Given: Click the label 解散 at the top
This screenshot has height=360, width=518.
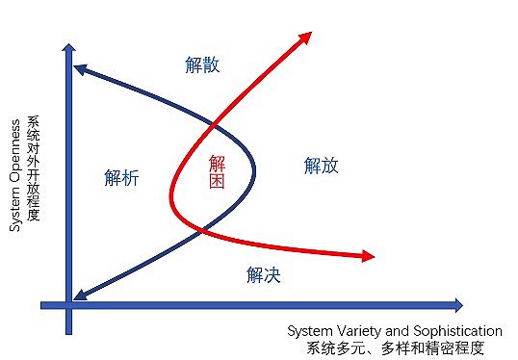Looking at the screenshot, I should coord(202,65).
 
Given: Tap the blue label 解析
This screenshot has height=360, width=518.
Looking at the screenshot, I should coord(121,177).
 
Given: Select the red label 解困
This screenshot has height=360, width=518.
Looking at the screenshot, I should coord(218,170).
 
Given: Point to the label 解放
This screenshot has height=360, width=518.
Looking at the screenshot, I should coord(322,166).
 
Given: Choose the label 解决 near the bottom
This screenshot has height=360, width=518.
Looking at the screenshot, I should coord(263,275).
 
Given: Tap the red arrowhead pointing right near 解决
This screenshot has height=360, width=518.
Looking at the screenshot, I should coord(367,256).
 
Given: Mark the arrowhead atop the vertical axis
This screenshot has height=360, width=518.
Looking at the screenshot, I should coord(68,47).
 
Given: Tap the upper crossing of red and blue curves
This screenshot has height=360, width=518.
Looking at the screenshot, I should coord(212,126).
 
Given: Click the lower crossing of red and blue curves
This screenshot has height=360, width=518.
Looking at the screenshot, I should coord(202,229).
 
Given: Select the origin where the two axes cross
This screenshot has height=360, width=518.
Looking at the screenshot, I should coord(68,305).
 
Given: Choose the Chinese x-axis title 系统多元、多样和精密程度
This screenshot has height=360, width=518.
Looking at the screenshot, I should coord(395,347).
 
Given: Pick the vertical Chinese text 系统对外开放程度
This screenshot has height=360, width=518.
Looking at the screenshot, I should coord(35,168).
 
